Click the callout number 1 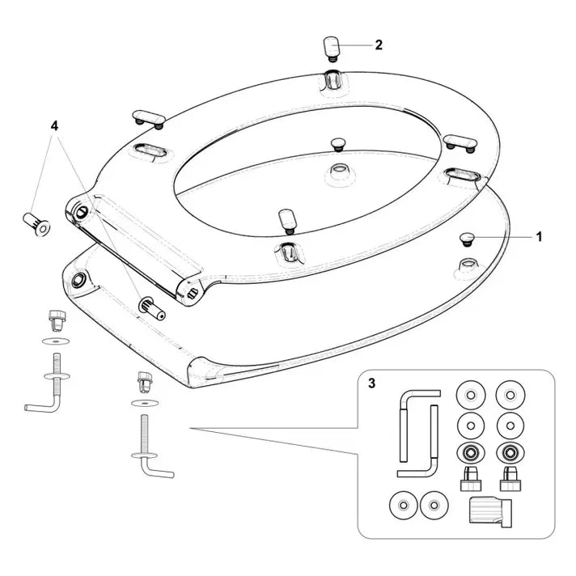540,237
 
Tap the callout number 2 379,45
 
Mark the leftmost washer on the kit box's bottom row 400,505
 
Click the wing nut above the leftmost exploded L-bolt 57,317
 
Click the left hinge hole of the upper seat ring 83,210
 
